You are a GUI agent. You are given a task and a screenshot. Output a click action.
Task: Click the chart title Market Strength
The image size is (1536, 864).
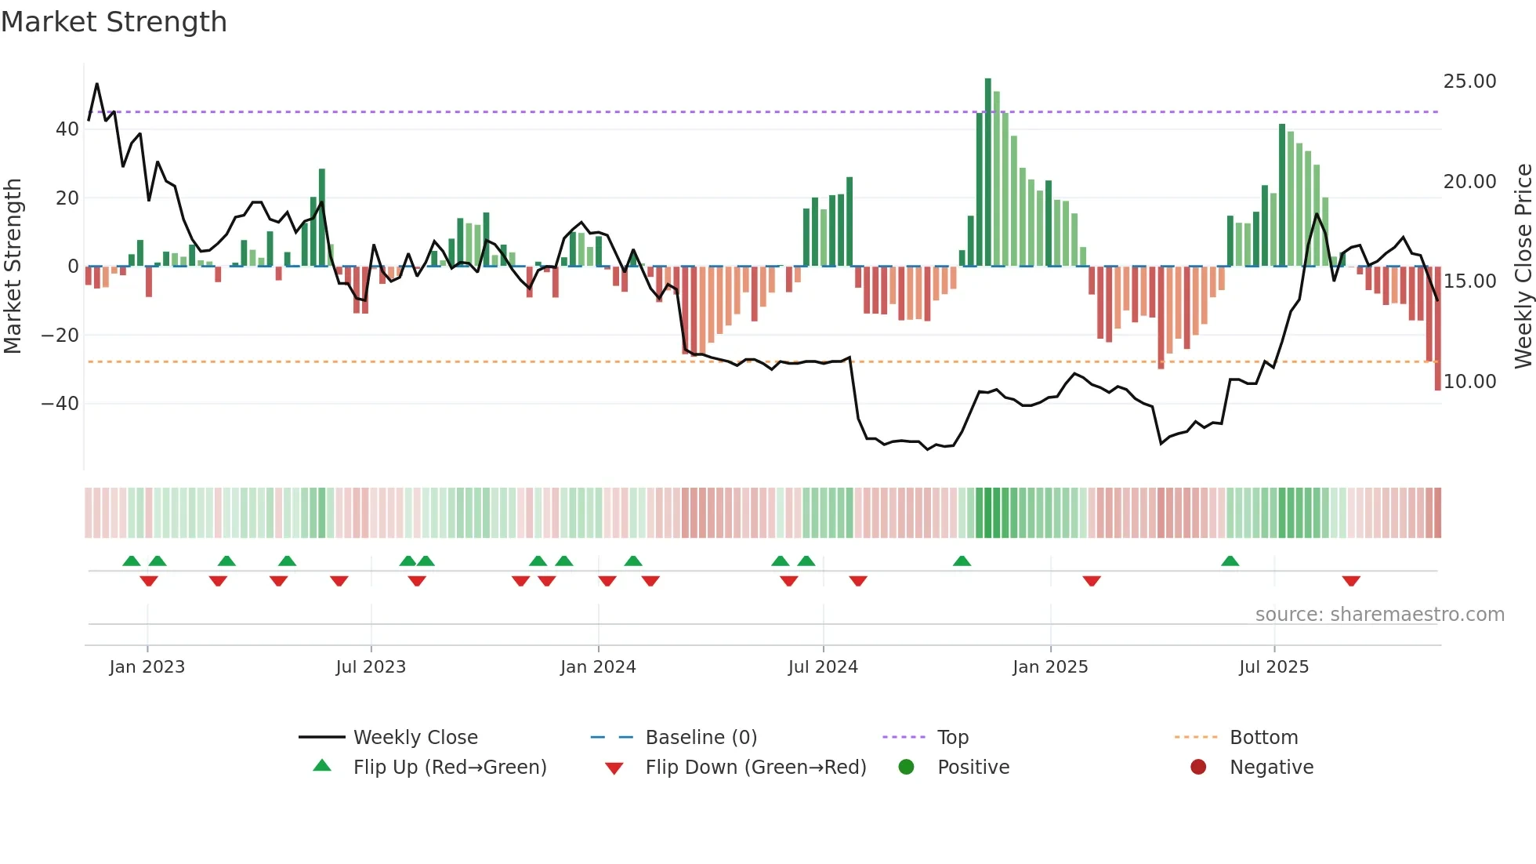[114, 22]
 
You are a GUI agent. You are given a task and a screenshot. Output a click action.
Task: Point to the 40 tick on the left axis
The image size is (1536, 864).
[67, 129]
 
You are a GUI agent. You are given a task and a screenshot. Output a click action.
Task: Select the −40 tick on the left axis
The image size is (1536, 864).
[60, 404]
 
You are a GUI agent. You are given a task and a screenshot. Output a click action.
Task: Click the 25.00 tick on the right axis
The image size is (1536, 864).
[1469, 82]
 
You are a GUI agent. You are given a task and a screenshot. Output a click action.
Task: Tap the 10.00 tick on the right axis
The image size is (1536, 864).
[1469, 382]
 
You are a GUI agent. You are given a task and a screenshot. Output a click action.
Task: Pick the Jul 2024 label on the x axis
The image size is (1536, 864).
[823, 667]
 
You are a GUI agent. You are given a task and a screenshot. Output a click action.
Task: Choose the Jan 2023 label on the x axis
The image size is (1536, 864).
[147, 667]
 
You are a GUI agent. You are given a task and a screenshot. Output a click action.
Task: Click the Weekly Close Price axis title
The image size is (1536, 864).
[1523, 267]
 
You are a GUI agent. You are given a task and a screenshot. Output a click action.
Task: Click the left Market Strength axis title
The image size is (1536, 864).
[13, 267]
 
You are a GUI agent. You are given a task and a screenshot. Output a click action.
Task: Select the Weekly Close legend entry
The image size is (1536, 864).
[415, 738]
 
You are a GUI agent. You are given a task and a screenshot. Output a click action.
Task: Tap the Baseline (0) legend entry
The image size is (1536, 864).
[701, 738]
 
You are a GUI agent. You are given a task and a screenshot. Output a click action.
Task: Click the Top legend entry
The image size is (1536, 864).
[953, 738]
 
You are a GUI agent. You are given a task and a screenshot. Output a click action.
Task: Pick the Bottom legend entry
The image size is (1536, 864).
[1263, 738]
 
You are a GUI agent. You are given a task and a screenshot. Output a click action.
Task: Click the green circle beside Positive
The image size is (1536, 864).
[906, 768]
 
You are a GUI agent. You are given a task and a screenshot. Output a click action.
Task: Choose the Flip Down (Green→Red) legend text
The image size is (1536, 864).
[755, 768]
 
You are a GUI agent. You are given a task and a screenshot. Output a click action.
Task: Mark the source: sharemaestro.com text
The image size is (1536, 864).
[1379, 615]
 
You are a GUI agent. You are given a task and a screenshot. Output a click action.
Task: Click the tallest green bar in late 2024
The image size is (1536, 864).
[988, 172]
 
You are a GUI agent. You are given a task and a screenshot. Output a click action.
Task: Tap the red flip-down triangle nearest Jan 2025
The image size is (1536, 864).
[1092, 581]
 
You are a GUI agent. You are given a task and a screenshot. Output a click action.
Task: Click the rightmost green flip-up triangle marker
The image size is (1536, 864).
[1230, 561]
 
